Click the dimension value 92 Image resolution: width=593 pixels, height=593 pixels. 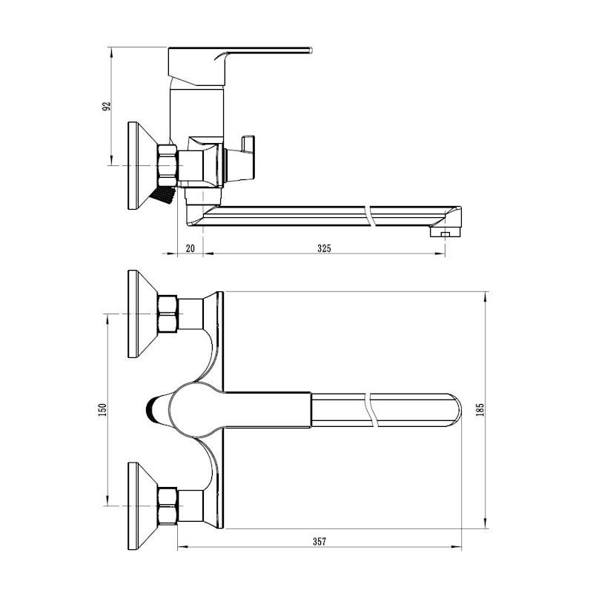tap(107, 106)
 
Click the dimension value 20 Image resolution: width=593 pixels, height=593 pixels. tap(191, 248)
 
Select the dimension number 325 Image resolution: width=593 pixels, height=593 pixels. tap(324, 248)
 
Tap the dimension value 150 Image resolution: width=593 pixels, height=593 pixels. tap(102, 410)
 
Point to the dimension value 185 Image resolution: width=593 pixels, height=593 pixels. tap(480, 410)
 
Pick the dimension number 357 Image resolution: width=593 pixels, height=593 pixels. tap(319, 542)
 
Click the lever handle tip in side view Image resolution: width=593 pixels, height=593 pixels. tap(310, 50)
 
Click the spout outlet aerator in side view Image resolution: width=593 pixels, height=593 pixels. tap(445, 231)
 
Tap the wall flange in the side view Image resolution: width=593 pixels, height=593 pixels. tap(142, 165)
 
